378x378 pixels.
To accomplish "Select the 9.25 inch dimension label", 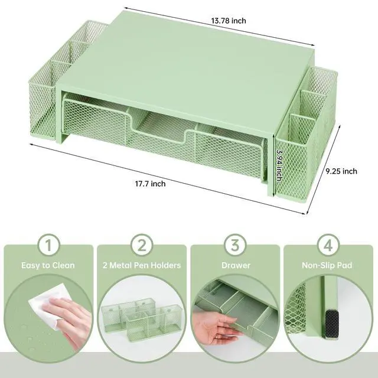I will [341, 171].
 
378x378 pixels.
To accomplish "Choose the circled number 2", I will [142, 244].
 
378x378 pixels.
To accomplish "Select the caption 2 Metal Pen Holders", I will [142, 266].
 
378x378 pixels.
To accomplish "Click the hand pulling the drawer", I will [219, 325].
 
